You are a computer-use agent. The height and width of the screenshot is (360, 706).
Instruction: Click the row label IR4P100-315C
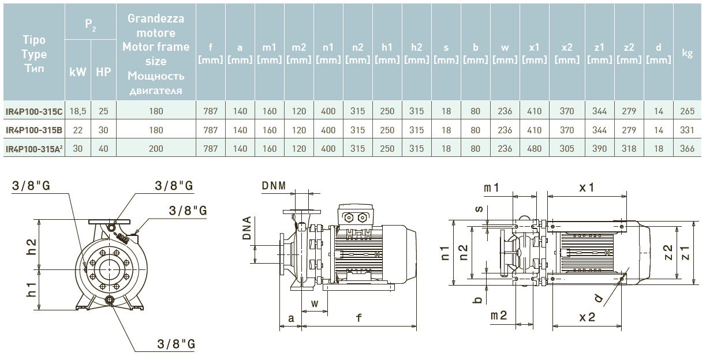tap(34, 112)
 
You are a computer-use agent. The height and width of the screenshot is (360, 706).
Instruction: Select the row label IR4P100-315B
tap(34, 130)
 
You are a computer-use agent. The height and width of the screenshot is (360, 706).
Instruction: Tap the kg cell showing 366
tap(687, 149)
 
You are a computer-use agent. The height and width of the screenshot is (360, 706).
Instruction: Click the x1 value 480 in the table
tap(535, 149)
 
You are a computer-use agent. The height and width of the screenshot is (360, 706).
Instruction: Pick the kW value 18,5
tap(77, 112)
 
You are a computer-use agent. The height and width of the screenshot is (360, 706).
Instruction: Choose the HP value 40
tap(103, 149)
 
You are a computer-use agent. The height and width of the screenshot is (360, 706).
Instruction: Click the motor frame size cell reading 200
tap(156, 149)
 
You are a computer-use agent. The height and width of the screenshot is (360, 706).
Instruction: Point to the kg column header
tap(687, 53)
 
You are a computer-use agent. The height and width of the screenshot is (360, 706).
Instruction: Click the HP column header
tap(103, 72)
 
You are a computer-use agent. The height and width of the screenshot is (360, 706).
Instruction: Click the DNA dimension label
tap(247, 228)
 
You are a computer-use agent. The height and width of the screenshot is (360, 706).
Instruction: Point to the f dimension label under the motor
tap(359, 318)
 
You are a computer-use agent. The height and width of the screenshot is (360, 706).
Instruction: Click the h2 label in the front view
tap(32, 246)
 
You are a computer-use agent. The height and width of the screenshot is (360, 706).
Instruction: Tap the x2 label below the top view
tap(587, 317)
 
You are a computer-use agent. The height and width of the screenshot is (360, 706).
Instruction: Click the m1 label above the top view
tap(491, 187)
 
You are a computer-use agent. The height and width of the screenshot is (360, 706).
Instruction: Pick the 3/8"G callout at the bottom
tap(176, 344)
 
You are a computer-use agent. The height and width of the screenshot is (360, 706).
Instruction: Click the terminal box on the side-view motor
tap(355, 216)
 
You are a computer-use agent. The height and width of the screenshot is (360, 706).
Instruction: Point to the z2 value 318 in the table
tap(629, 149)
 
